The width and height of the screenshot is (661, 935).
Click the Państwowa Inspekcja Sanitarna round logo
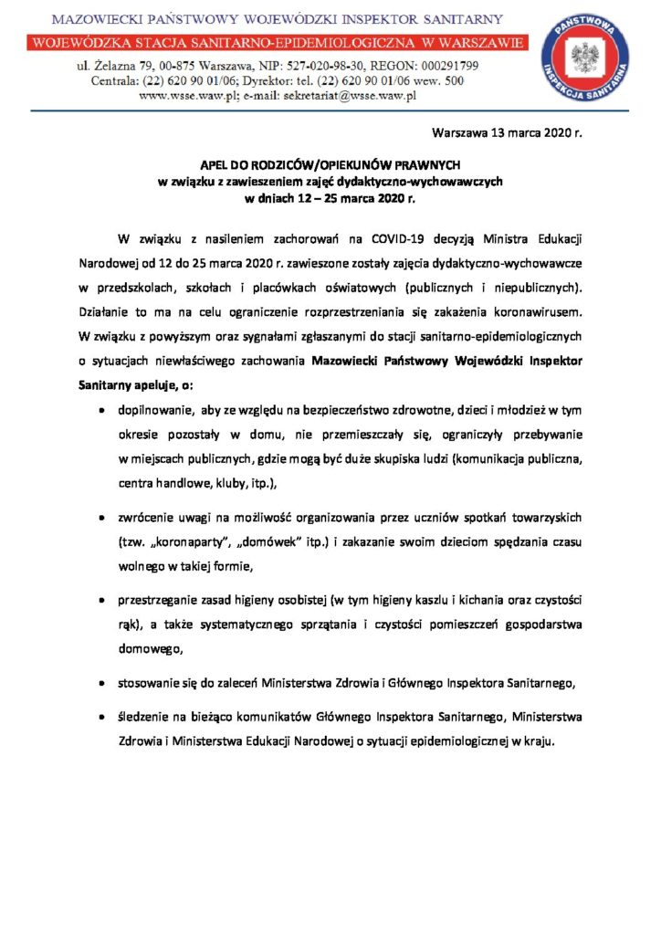coord(585,58)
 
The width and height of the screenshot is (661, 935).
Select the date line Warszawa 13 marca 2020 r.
coord(507,133)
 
